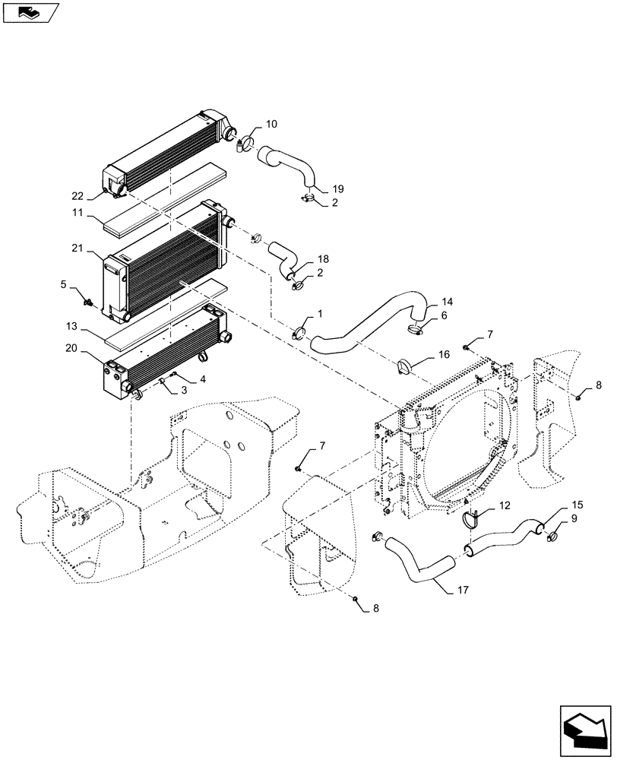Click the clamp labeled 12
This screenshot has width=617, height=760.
tap(472, 518)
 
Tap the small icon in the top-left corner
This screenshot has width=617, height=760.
tap(31, 12)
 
